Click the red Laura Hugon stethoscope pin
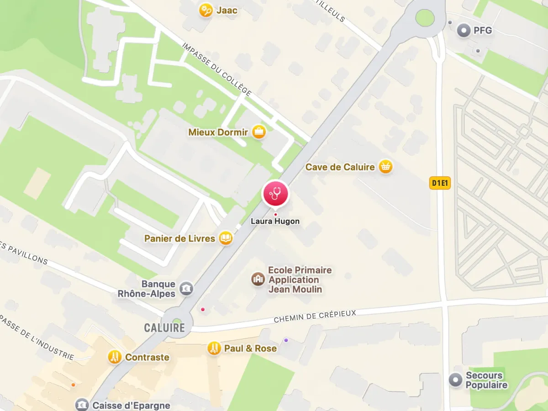click(x=275, y=194)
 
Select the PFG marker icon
click(x=464, y=31)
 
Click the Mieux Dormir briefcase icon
click(x=259, y=132)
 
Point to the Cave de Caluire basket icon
click(x=386, y=167)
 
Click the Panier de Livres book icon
click(x=225, y=238)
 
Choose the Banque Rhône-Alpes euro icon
click(x=186, y=288)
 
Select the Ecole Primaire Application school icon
click(x=258, y=279)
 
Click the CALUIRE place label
click(x=164, y=327)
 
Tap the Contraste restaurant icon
click(x=115, y=357)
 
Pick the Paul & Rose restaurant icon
click(x=213, y=348)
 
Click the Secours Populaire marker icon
click(x=455, y=380)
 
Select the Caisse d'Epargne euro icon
click(x=82, y=405)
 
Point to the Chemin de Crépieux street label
click(x=315, y=315)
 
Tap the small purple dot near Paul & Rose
click(x=286, y=340)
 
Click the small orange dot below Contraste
click(x=73, y=385)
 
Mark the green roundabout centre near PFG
click(x=425, y=18)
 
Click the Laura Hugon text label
click(x=275, y=221)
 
